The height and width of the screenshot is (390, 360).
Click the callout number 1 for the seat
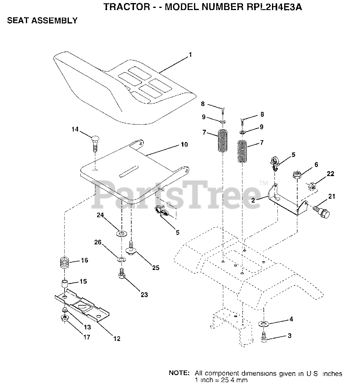click(190, 55)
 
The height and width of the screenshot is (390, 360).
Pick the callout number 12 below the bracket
click(117, 339)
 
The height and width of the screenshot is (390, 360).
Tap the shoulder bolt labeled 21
click(322, 212)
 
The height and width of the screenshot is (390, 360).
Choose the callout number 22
click(330, 174)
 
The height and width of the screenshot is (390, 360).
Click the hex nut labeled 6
click(297, 175)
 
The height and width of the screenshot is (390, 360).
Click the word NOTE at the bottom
click(179, 373)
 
